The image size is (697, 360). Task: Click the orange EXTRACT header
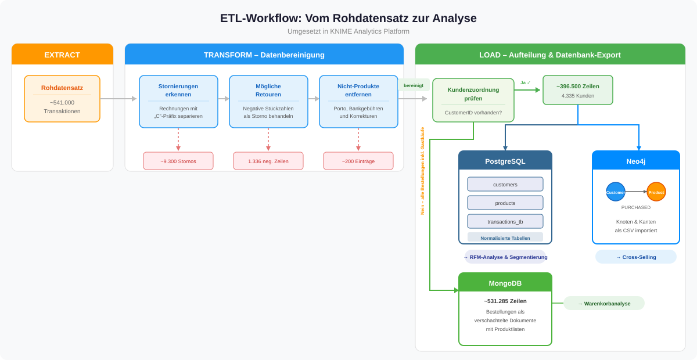[62, 55]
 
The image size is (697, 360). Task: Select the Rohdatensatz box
[62, 99]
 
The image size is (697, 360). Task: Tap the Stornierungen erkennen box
[178, 102]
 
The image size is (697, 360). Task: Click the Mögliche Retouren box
[268, 102]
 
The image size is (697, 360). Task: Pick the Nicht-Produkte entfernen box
[358, 102]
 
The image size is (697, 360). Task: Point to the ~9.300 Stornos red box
[178, 161]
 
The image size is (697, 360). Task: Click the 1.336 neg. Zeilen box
[268, 161]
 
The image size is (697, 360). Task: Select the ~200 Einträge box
[358, 161]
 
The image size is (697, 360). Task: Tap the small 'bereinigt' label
[414, 85]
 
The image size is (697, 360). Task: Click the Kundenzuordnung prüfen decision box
[473, 100]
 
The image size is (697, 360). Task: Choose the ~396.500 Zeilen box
[578, 90]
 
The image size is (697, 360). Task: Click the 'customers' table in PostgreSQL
[505, 184]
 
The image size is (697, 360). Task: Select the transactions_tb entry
[505, 221]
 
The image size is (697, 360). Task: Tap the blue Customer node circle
[616, 192]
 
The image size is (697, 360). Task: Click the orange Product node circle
[656, 192]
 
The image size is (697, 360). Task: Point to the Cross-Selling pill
[636, 257]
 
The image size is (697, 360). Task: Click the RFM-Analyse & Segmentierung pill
[506, 257]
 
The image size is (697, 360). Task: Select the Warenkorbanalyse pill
[604, 303]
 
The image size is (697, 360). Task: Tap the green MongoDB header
[505, 283]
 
